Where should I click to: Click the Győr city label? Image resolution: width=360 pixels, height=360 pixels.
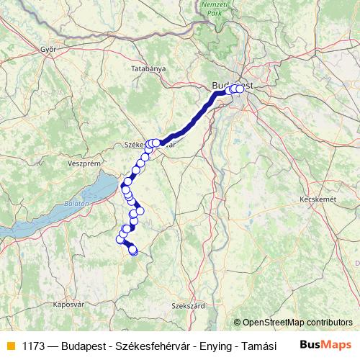pos(48,50)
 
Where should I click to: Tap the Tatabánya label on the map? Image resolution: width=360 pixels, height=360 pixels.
pos(149,68)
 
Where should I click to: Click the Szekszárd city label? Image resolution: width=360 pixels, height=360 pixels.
pos(188,305)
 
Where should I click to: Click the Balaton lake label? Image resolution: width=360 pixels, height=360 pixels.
pos(77,204)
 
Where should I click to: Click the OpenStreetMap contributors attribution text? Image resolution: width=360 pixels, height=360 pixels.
pos(293,323)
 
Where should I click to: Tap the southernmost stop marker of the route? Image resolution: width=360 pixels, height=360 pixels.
pos(133,251)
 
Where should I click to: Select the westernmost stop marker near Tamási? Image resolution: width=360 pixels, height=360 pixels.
pos(120,239)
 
